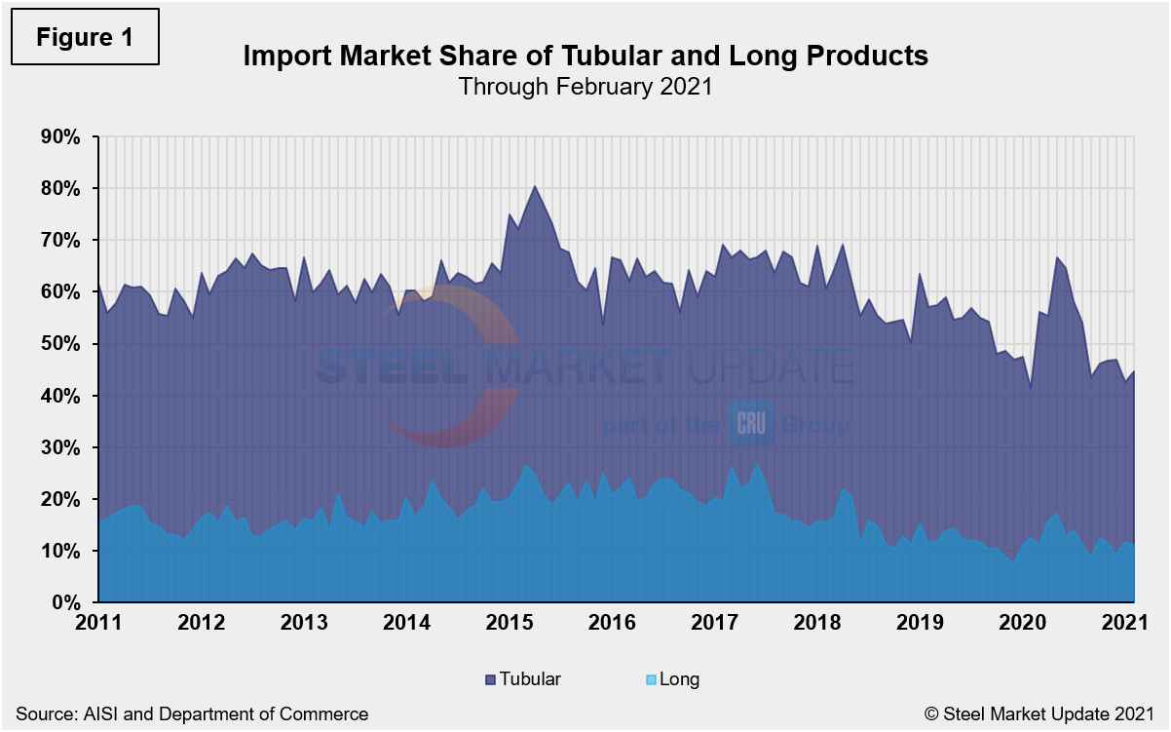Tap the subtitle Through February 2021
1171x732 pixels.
(585, 86)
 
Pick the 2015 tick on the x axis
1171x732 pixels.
(508, 622)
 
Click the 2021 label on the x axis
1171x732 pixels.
(1124, 622)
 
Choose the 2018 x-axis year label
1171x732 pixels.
(814, 622)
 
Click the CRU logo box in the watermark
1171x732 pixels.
(751, 425)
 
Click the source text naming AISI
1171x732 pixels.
(192, 714)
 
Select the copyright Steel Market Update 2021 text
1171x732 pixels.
(1039, 714)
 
